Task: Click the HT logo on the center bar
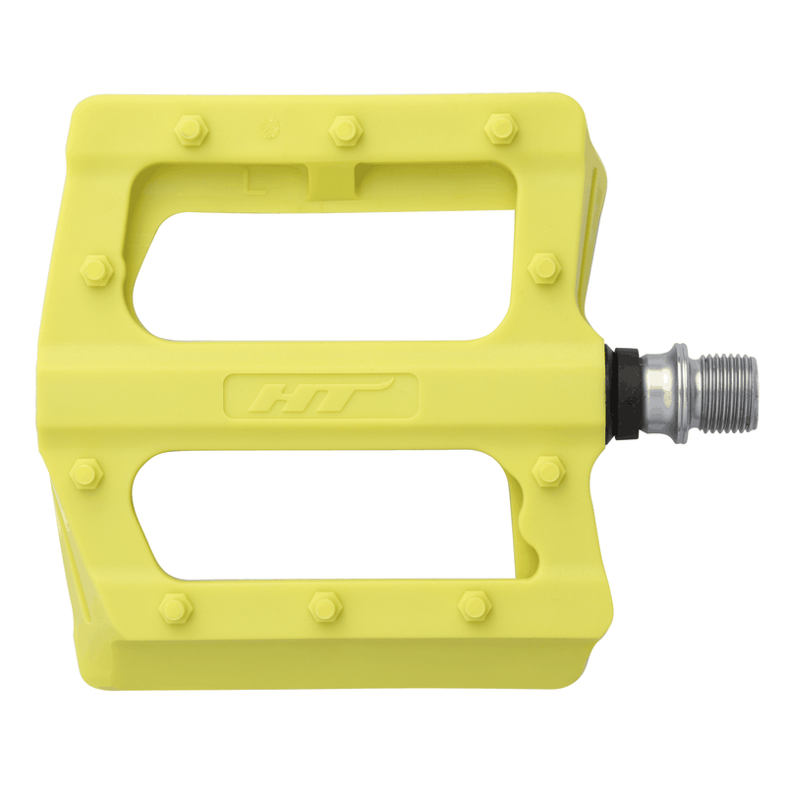321,395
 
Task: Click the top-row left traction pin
189,129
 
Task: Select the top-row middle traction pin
345,129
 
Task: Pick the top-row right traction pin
501,128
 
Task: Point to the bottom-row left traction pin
175,608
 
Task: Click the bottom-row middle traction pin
325,607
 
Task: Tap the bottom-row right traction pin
476,606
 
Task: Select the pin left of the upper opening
96,269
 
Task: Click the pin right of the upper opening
544,267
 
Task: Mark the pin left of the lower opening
86,473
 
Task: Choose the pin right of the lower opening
548,470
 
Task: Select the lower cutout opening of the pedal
324,516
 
